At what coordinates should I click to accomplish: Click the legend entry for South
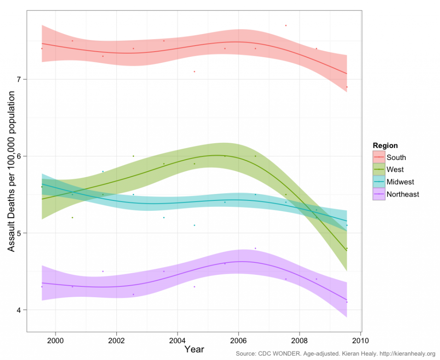[396, 157]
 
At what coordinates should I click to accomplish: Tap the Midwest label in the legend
[400, 182]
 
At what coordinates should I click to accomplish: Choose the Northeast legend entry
[403, 194]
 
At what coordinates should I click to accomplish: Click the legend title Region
[385, 145]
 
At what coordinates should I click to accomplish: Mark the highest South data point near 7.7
[286, 25]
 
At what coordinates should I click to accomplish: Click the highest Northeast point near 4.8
[255, 248]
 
